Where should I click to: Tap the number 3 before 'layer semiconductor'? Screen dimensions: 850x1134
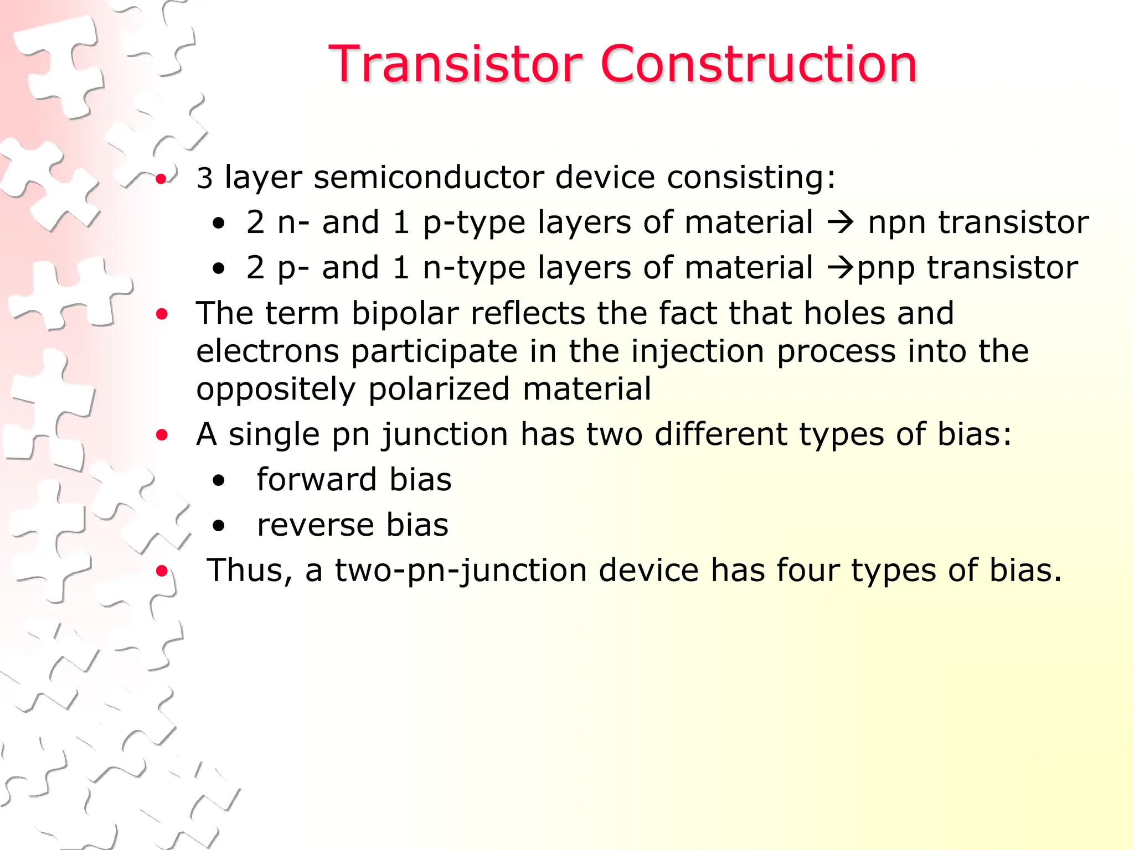click(x=204, y=179)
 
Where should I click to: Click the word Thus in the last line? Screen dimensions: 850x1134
click(x=249, y=571)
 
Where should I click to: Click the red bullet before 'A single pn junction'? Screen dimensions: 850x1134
click(x=162, y=435)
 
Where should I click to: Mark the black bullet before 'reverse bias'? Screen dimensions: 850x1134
click(x=219, y=526)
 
